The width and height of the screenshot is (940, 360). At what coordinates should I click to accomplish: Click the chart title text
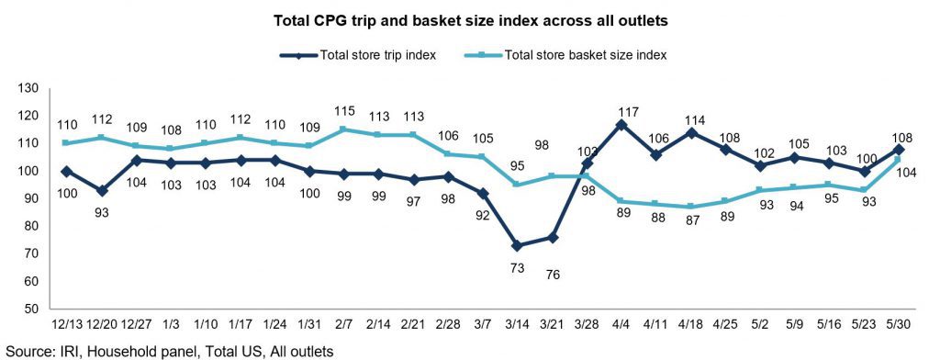pos(471,21)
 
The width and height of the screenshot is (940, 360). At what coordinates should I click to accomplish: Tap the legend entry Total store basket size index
pos(565,55)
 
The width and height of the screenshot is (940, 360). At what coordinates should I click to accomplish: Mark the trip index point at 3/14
pos(516,246)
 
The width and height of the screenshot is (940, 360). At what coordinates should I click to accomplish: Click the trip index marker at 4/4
pos(621,125)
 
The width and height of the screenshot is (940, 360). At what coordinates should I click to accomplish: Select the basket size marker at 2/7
pos(341,129)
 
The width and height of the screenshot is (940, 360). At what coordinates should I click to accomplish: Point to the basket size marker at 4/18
pos(691,207)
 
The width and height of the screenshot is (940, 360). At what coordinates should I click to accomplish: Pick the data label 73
pos(517,269)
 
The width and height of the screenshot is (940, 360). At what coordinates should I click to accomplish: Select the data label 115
pos(345,112)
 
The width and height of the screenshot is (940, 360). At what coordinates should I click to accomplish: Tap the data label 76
pos(552,275)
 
